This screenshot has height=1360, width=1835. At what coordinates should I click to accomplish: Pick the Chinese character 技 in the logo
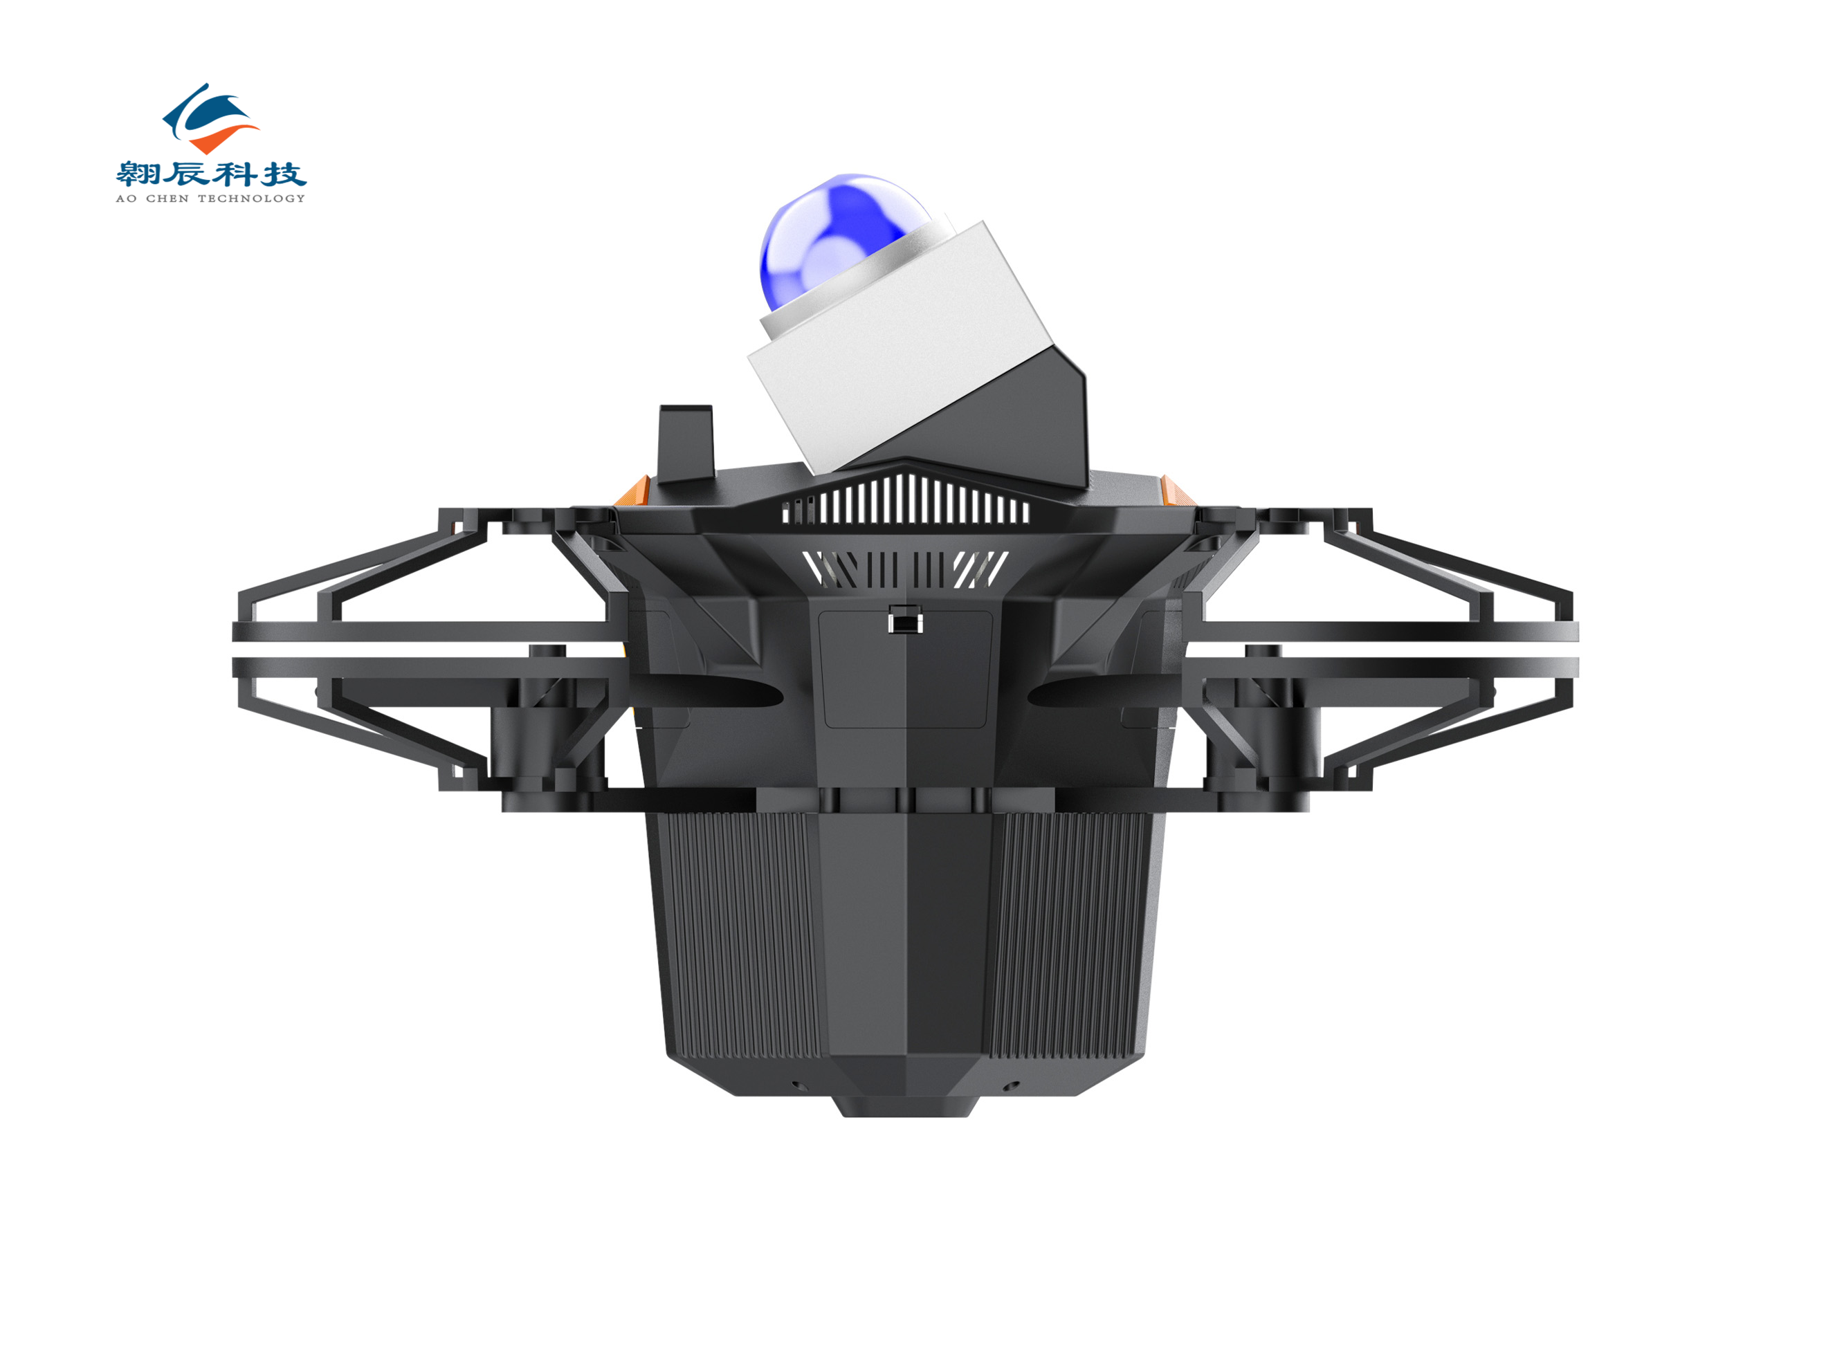[x=284, y=174]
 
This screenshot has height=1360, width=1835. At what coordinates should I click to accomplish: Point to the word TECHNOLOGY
[x=251, y=199]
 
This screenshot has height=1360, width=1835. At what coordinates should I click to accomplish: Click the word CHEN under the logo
[x=167, y=199]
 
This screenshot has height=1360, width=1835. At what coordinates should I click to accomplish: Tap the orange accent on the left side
[x=632, y=490]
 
